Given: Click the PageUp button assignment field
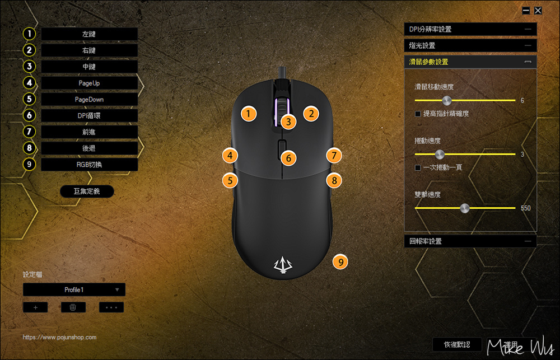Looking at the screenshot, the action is (x=89, y=83).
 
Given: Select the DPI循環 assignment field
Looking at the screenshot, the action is (x=89, y=115).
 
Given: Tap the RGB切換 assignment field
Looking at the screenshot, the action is (x=89, y=165).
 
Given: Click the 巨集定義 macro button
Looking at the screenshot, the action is (x=86, y=191).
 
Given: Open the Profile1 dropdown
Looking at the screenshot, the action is (x=74, y=289).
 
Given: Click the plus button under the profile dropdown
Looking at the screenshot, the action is (x=35, y=307).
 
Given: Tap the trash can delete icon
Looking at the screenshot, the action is (x=73, y=307).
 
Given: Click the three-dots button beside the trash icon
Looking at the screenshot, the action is (x=111, y=307).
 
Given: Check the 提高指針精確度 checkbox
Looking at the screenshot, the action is (x=418, y=114).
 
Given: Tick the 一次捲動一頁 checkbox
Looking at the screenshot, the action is (x=418, y=167).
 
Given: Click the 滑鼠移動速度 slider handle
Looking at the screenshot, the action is (x=446, y=100).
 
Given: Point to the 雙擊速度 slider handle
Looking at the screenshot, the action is (x=464, y=208).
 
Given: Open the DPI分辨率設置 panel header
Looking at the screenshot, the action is (x=470, y=29).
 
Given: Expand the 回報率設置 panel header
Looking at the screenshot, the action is (x=470, y=241).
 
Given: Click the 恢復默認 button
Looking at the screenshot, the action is (x=456, y=344).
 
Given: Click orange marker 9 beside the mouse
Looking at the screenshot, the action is (x=340, y=261).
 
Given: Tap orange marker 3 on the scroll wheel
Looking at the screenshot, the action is (x=288, y=121).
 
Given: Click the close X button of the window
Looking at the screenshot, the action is (x=538, y=10).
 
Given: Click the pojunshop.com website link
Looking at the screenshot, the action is (x=60, y=337).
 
